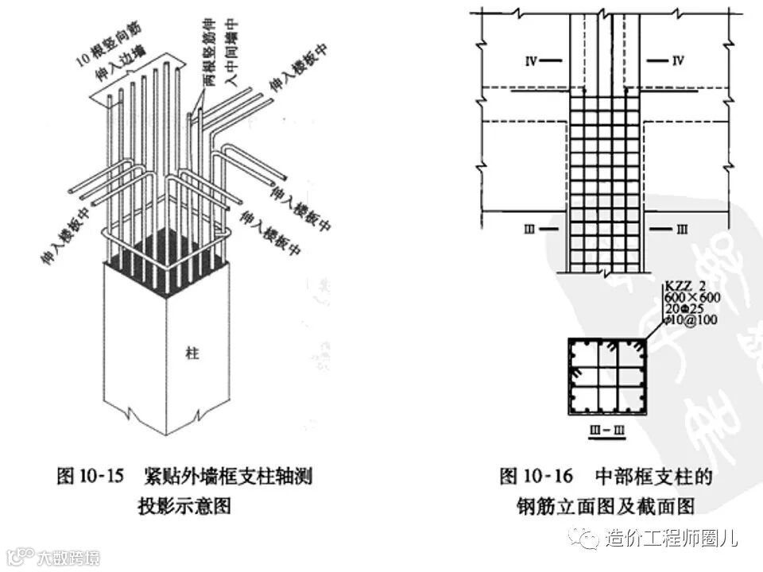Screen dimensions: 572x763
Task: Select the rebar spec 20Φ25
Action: click(681, 308)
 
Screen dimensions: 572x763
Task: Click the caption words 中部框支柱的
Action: click(654, 477)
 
